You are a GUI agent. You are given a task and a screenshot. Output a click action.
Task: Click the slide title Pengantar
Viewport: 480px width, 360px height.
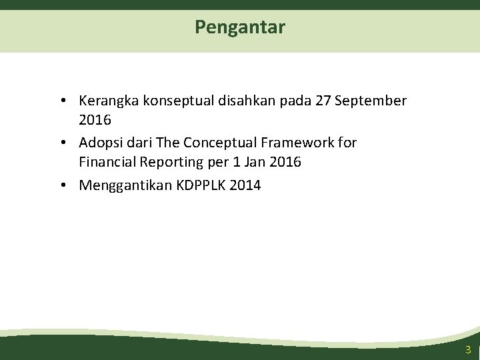[240, 27]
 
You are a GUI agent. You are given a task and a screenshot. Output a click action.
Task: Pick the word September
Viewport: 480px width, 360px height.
[371, 101]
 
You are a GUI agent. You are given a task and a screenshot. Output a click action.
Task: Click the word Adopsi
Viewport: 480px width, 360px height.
[100, 143]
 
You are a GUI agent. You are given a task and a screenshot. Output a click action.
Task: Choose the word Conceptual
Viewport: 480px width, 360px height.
[219, 143]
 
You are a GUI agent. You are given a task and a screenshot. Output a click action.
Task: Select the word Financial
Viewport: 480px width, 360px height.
[107, 162]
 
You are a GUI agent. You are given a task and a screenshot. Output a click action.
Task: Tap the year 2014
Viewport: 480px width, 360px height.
[245, 185]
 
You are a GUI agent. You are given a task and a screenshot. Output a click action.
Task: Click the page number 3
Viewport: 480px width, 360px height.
[468, 350]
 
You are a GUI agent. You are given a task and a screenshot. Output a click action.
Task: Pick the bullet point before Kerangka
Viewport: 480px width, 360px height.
[61, 102]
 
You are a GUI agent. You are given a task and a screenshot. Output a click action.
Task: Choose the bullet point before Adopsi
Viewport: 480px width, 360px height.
[61, 143]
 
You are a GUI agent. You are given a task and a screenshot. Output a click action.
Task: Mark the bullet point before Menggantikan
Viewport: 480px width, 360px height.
[61, 185]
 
